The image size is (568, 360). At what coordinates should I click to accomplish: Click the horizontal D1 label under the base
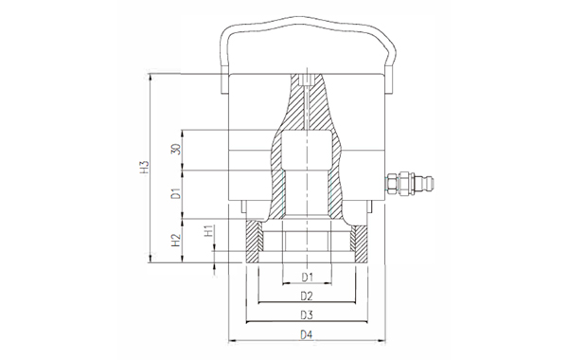coord(306,277)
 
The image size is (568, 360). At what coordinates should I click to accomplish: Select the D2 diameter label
coord(306,296)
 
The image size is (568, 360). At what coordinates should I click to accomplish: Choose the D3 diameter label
coord(306,314)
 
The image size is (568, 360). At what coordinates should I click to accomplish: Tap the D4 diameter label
coord(306,333)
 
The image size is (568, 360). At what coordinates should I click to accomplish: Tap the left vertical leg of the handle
coord(222,57)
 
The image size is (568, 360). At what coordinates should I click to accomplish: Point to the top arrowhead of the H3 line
coord(151,78)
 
